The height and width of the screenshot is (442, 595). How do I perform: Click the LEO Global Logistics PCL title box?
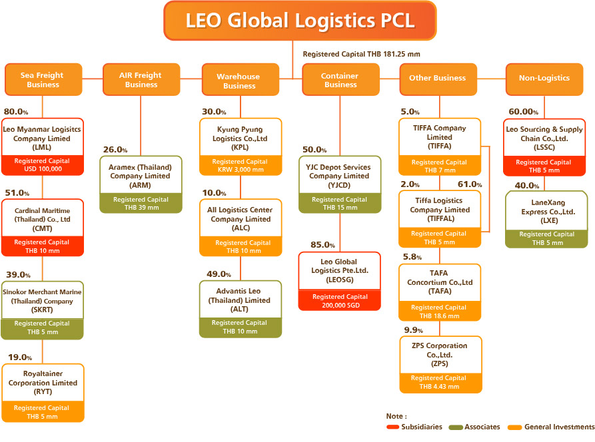pyautogui.click(x=299, y=21)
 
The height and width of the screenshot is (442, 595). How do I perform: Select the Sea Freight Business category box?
pyautogui.click(x=43, y=80)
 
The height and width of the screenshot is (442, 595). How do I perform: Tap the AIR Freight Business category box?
pyautogui.click(x=141, y=80)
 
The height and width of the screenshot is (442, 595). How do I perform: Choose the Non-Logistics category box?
pyautogui.click(x=544, y=79)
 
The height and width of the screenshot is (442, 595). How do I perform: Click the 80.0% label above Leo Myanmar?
pyautogui.click(x=17, y=111)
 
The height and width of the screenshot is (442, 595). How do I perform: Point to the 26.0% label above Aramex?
pyautogui.click(x=115, y=150)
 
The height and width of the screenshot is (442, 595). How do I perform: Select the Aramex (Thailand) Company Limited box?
pyautogui.click(x=140, y=175)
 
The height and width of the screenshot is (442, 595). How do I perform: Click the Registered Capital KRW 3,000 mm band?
pyautogui.click(x=241, y=166)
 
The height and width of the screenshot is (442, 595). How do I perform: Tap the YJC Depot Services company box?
pyautogui.click(x=339, y=175)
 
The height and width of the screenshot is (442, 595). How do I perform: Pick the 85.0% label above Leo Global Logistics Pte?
pyautogui.click(x=322, y=246)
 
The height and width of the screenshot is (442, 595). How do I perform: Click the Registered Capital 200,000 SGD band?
pyautogui.click(x=339, y=301)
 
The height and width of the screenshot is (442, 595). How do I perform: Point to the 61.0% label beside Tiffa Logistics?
pyautogui.click(x=469, y=184)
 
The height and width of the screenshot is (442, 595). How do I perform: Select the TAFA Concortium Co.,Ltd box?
pyautogui.click(x=440, y=282)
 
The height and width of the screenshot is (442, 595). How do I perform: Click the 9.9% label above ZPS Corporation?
pyautogui.click(x=414, y=330)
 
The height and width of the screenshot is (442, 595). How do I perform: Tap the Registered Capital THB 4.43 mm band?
pyautogui.click(x=440, y=382)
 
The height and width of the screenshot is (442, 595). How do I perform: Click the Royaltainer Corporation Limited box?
pyautogui.click(x=43, y=382)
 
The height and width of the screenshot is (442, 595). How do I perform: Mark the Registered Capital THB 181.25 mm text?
pyautogui.click(x=361, y=54)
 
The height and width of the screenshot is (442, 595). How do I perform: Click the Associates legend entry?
pyautogui.click(x=480, y=427)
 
